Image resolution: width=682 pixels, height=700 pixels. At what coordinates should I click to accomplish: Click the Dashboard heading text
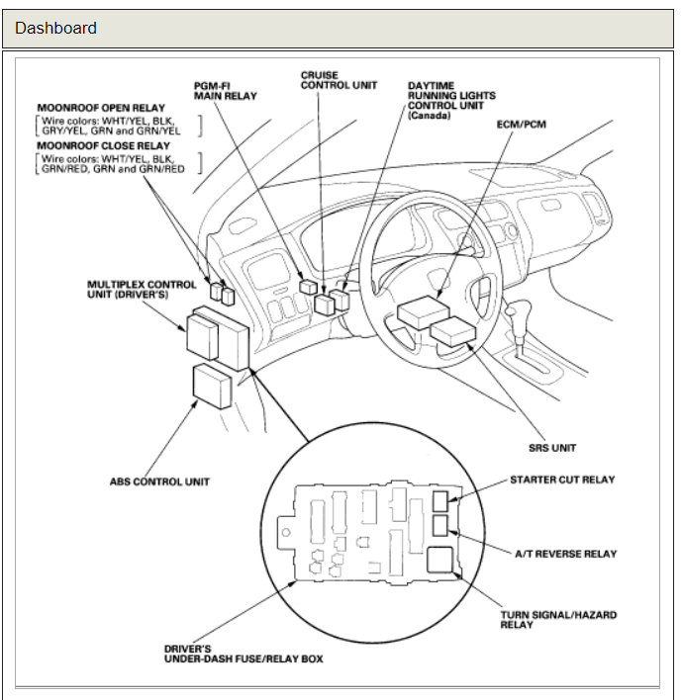pos(55,28)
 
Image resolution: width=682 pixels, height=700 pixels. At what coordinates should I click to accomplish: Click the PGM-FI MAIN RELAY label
pos(225,91)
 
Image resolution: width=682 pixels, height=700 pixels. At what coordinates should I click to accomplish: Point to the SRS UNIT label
pos(551,448)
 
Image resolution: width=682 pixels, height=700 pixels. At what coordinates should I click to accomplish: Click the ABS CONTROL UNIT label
pos(159,482)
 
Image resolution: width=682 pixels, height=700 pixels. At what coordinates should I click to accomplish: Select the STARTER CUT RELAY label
pos(561,480)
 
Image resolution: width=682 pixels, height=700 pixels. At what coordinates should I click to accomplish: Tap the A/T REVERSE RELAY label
pos(564,554)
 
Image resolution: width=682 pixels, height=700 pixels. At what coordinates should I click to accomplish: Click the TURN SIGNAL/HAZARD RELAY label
pos(557,620)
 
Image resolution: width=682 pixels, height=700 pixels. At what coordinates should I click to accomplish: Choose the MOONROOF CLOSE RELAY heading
pos(104,145)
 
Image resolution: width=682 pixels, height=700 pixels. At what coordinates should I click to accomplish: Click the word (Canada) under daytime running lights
pos(429,116)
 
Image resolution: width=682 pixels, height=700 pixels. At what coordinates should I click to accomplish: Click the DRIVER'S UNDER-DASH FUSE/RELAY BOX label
pos(243,654)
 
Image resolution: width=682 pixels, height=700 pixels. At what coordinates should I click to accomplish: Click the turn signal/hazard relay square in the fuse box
pos(441,562)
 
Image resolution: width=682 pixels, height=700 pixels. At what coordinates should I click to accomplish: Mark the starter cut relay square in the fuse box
pos(440,501)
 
